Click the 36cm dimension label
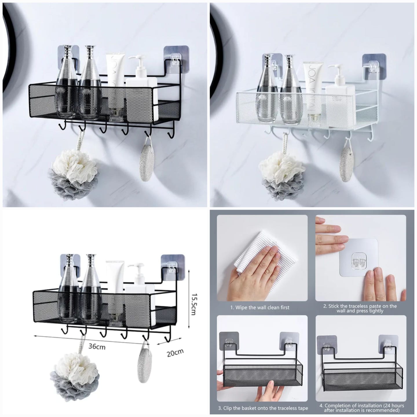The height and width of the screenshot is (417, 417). pyautogui.click(x=97, y=346)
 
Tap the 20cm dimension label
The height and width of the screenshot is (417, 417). pyautogui.click(x=175, y=353)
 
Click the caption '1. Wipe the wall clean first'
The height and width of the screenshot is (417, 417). pyautogui.click(x=260, y=308)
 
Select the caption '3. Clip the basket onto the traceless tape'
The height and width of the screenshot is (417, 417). pyautogui.click(x=263, y=408)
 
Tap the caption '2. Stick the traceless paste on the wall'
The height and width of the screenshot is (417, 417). pyautogui.click(x=360, y=308)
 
